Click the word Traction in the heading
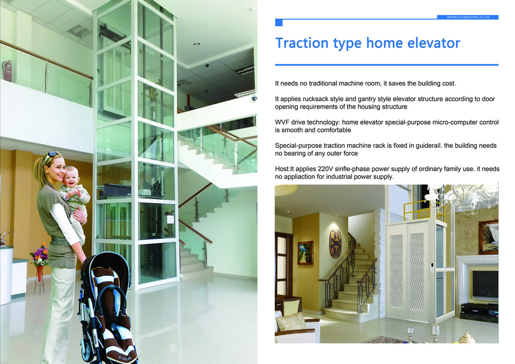[302, 43]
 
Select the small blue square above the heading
[279, 23]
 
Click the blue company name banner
[468, 17]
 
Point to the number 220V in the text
[325, 169]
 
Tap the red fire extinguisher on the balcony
[7, 71]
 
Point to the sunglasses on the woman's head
[52, 155]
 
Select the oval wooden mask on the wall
[335, 243]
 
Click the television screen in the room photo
[485, 285]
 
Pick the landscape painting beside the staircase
[305, 253]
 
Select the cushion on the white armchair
[292, 321]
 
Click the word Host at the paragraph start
[282, 169]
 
